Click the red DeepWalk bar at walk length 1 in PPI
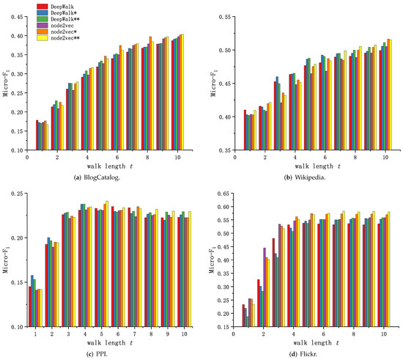[x=30, y=305]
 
